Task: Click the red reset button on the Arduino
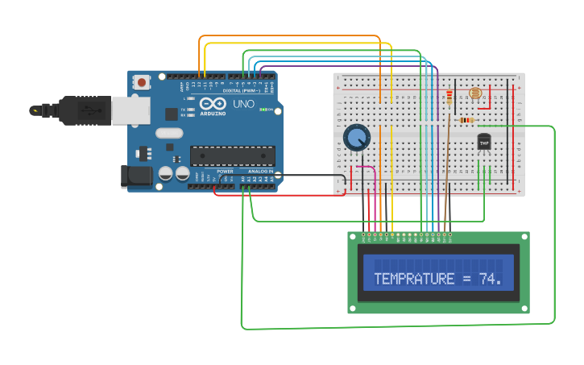[143, 81]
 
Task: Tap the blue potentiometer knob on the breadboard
[356, 138]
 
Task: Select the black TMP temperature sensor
[484, 142]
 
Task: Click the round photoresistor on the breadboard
[476, 93]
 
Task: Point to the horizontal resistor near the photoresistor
[466, 121]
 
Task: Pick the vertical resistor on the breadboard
[449, 98]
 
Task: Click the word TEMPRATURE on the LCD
[414, 280]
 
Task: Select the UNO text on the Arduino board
[243, 105]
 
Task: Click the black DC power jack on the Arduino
[136, 177]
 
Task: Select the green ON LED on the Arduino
[263, 110]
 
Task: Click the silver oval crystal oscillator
[169, 133]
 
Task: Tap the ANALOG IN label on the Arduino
[259, 171]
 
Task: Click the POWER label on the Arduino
[225, 171]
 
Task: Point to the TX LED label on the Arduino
[183, 109]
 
